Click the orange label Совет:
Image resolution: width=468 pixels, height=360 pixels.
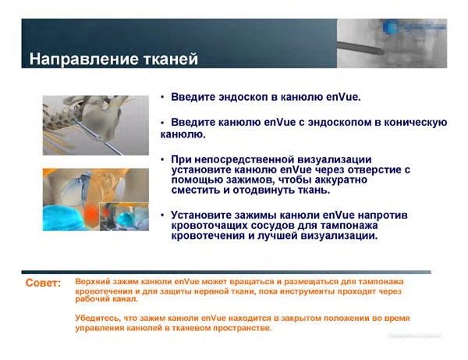(x=44, y=283)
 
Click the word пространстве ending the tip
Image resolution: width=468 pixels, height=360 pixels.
(x=238, y=328)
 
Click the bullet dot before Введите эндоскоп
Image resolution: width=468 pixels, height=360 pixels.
(x=161, y=98)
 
